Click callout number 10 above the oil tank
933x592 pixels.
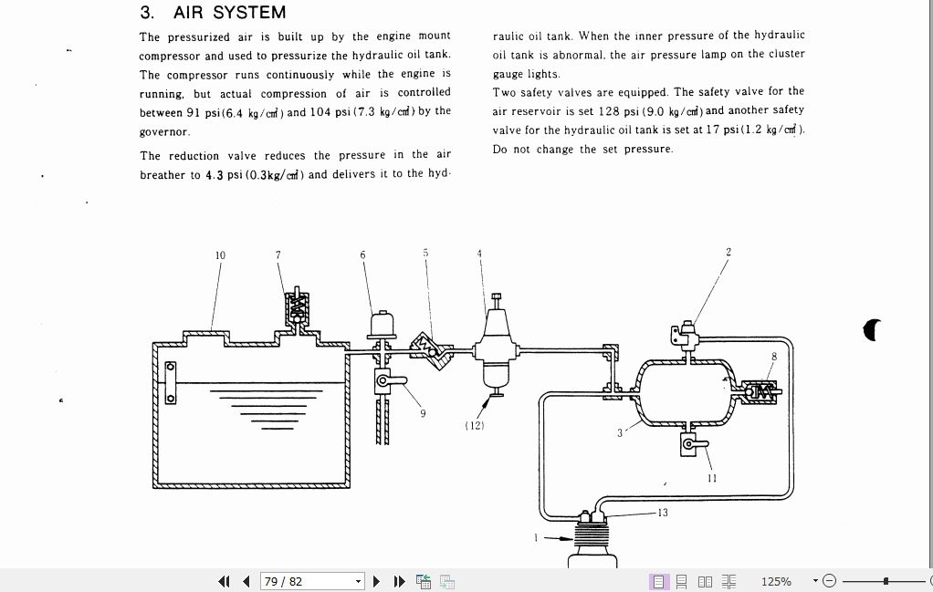pyautogui.click(x=220, y=255)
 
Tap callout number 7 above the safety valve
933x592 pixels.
pyautogui.click(x=278, y=254)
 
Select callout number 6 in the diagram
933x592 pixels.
pyautogui.click(x=362, y=254)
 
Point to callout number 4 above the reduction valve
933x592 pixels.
pyautogui.click(x=479, y=253)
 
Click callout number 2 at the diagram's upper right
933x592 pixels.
pyautogui.click(x=729, y=252)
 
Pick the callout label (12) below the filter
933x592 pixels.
pyautogui.click(x=475, y=425)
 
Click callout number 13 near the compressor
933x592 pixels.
pyautogui.click(x=663, y=513)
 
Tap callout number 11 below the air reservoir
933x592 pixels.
pyautogui.click(x=712, y=478)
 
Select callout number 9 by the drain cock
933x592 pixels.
pyautogui.click(x=423, y=413)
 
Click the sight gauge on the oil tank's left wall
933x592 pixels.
pyautogui.click(x=170, y=382)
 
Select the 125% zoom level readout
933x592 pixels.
pyautogui.click(x=776, y=581)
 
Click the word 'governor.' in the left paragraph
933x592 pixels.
pyautogui.click(x=164, y=132)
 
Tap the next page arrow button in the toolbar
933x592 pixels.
pyautogui.click(x=377, y=581)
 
